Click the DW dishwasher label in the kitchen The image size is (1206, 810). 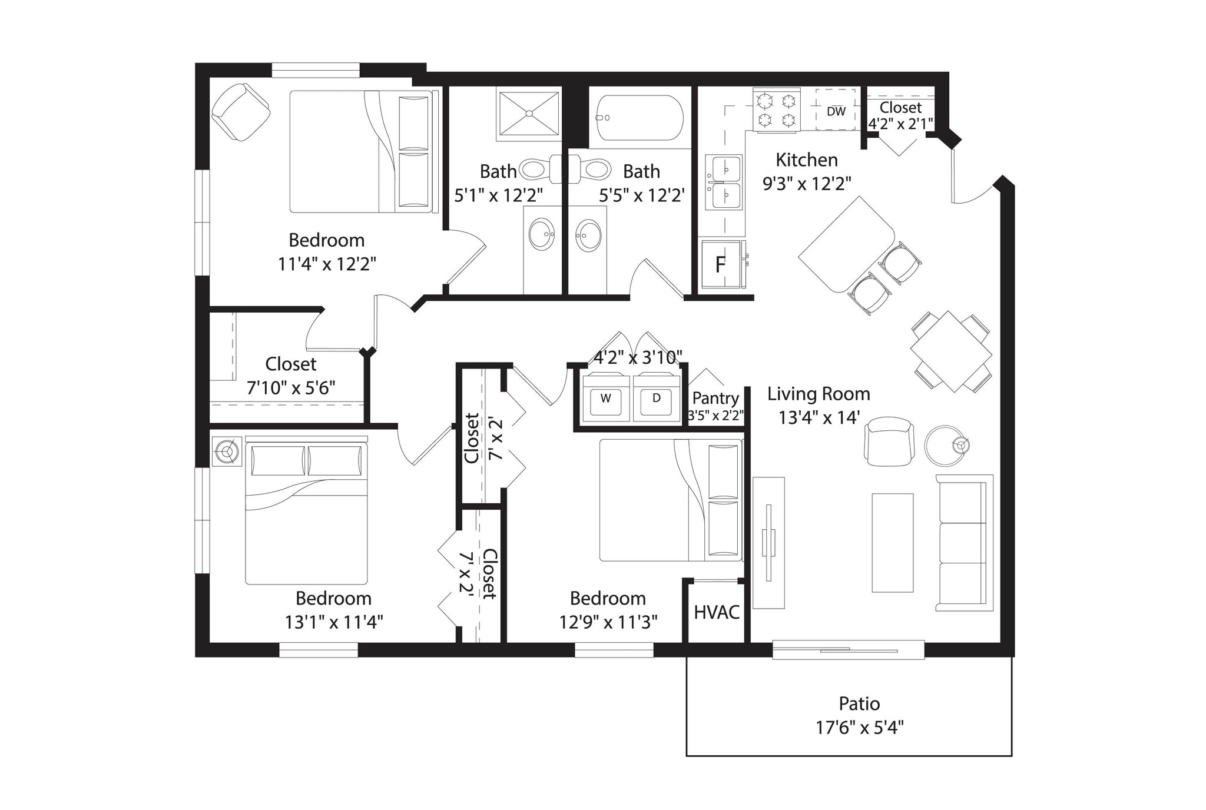tap(836, 111)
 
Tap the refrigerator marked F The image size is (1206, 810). tap(720, 265)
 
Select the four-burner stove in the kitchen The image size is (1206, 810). tap(776, 111)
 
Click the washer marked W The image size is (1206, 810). tap(605, 399)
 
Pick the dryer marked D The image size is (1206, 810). tap(656, 399)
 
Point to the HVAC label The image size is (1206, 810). tap(716, 612)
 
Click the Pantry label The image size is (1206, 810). tap(715, 399)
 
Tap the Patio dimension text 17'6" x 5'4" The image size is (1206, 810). tap(859, 728)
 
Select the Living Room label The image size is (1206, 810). tap(818, 394)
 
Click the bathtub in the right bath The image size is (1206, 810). tap(640, 118)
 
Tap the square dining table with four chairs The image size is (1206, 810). tap(951, 352)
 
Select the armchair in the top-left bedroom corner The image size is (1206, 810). tap(240, 112)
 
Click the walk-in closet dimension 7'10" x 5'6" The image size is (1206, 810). tap(290, 388)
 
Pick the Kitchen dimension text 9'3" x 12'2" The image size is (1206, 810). tap(806, 184)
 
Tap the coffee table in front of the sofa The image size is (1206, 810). tap(892, 543)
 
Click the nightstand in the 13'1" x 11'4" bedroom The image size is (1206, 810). tap(227, 452)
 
